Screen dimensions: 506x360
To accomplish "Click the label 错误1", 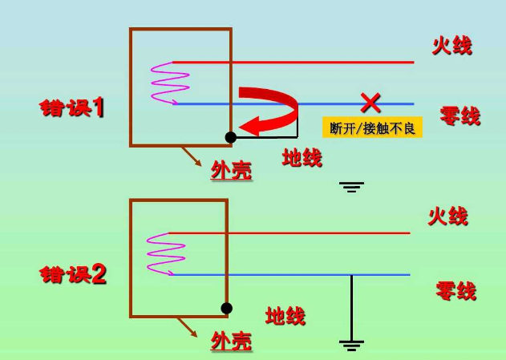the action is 72,107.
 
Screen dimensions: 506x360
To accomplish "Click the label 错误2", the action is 73,274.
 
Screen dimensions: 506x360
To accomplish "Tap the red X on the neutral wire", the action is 370,103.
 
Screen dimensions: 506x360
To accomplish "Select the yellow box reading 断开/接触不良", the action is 372,127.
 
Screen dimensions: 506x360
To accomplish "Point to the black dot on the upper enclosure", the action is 231,137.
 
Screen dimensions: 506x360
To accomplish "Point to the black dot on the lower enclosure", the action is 227,308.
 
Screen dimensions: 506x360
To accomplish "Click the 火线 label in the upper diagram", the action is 451,46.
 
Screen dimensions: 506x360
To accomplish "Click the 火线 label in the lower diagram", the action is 448,216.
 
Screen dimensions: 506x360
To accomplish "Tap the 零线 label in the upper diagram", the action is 459,115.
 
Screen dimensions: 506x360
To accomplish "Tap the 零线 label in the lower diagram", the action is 456,290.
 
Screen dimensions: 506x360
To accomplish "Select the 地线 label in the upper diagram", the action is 302,157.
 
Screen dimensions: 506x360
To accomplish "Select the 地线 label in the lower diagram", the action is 285,315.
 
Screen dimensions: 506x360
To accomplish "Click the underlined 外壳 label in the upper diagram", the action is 232,170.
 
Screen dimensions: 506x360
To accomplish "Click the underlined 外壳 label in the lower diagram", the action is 232,341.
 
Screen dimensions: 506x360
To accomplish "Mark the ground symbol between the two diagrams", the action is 351,187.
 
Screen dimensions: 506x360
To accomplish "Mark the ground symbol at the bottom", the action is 351,346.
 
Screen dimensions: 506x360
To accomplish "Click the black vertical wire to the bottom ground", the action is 351,308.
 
